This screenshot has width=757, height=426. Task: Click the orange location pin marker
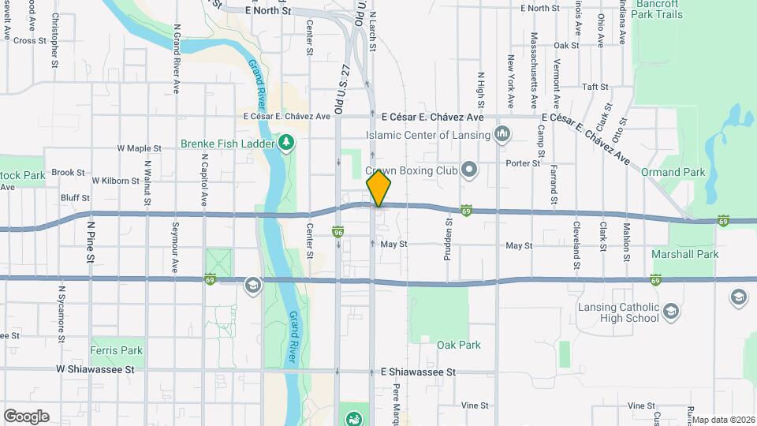378,189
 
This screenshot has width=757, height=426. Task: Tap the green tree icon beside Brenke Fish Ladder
287,144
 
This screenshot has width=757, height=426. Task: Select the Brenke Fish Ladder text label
227,144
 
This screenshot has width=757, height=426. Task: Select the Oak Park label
459,345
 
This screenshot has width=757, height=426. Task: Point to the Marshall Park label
684,254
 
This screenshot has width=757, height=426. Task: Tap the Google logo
26,416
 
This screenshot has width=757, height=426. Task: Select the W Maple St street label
139,148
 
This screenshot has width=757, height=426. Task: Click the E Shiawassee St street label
419,371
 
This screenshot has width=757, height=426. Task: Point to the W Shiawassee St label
95,368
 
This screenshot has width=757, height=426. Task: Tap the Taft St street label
595,87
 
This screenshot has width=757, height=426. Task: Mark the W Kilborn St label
115,180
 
